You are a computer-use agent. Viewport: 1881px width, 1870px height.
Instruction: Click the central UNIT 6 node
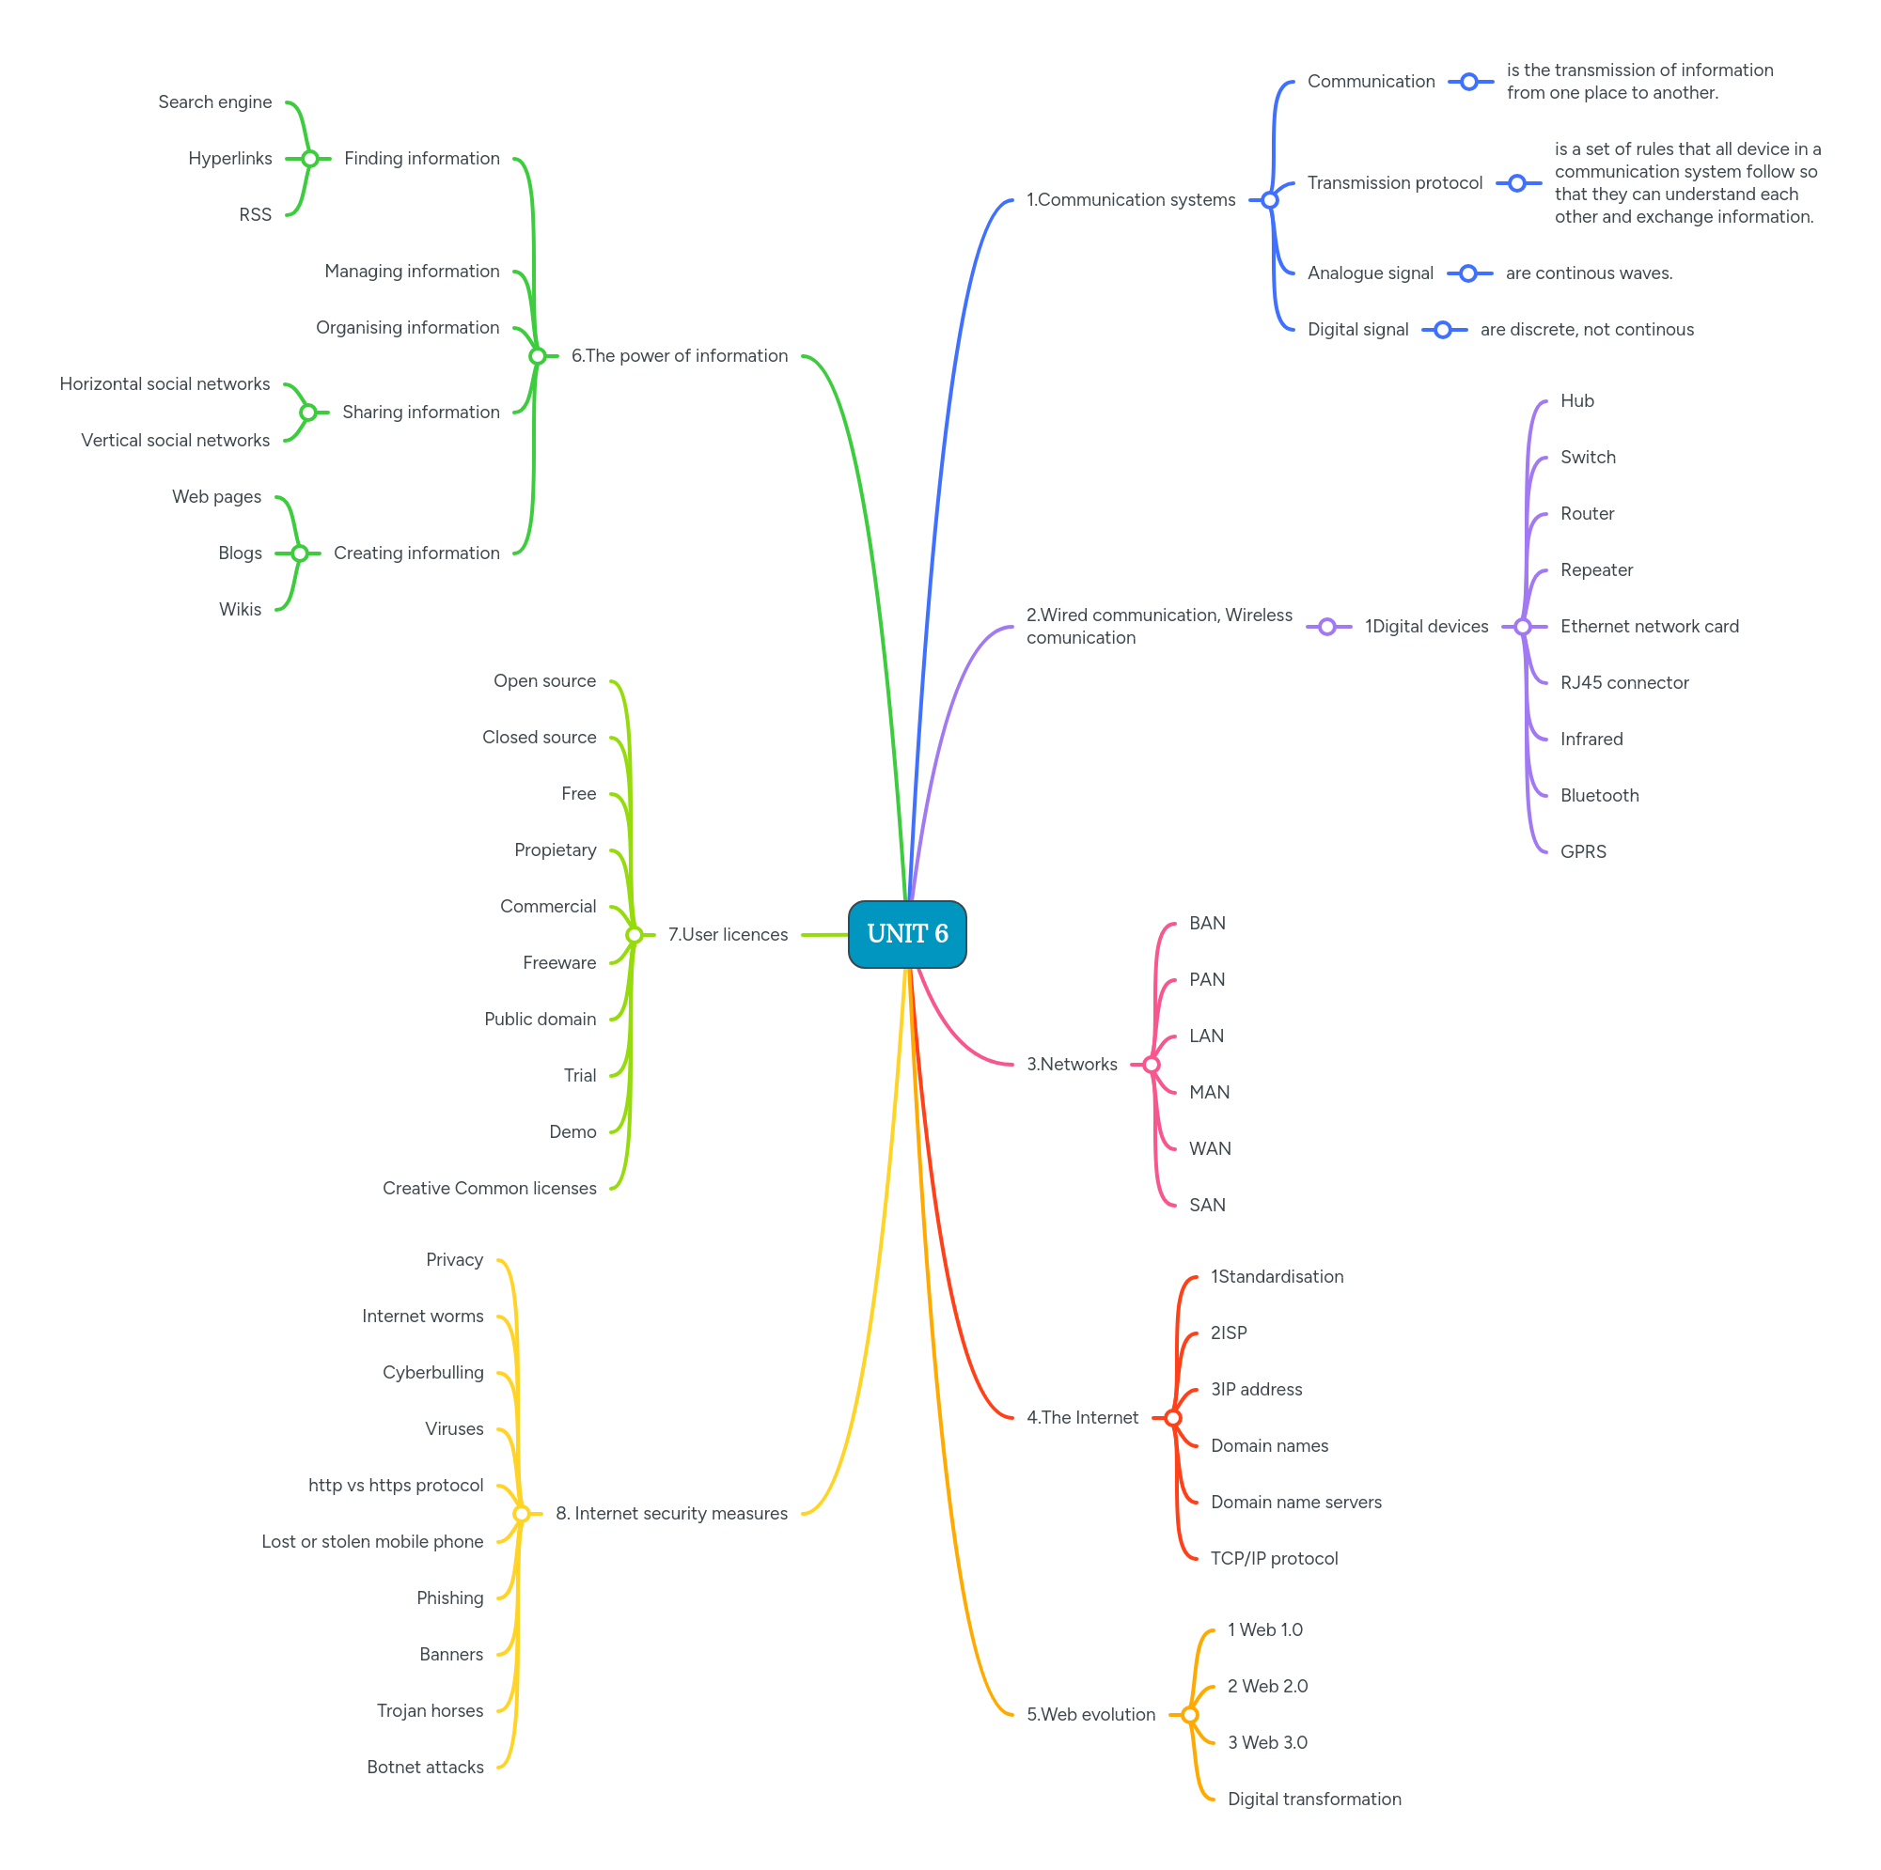click(x=906, y=933)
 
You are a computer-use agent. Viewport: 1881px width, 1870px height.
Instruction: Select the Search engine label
click(x=214, y=102)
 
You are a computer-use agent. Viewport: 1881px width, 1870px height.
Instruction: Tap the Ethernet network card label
click(x=1648, y=626)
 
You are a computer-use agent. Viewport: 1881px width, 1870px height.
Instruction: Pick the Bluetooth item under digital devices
click(x=1599, y=795)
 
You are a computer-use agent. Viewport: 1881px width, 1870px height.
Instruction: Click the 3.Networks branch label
click(x=1071, y=1064)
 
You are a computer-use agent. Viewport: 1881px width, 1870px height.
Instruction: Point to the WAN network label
click(x=1209, y=1148)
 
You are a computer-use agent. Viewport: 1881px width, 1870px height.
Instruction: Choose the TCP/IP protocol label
click(x=1274, y=1559)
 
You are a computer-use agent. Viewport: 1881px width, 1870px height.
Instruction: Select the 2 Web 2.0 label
click(x=1266, y=1686)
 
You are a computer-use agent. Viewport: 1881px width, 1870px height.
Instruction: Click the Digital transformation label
click(x=1313, y=1799)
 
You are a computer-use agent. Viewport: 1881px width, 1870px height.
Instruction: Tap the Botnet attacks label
click(x=425, y=1767)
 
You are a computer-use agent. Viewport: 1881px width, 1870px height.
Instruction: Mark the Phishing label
click(x=448, y=1597)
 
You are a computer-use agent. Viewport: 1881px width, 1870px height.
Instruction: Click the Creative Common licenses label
click(x=489, y=1188)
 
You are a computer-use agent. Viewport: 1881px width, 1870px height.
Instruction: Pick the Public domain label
click(x=540, y=1020)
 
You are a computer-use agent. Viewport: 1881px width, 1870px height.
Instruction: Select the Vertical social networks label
click(x=175, y=440)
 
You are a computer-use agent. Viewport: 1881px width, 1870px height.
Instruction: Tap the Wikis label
click(x=240, y=609)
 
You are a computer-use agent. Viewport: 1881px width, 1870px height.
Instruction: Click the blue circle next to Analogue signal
click(x=1468, y=273)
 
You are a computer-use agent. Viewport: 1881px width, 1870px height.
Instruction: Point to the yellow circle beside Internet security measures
click(x=521, y=1514)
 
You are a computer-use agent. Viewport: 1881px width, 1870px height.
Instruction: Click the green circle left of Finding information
click(x=309, y=159)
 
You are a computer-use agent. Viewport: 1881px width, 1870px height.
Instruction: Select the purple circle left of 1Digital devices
click(x=1327, y=627)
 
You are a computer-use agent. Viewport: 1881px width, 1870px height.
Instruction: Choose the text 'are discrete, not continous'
click(x=1586, y=330)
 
